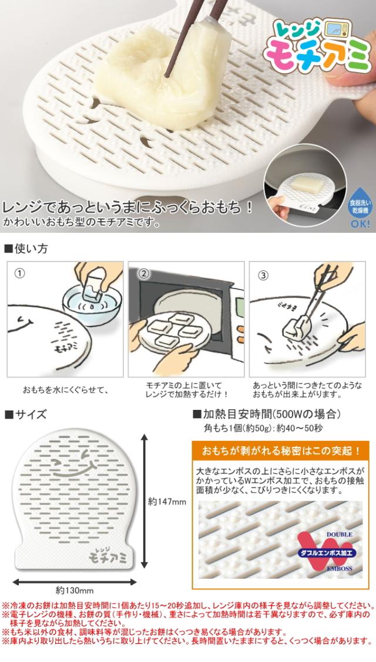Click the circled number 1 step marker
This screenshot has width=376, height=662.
(x=19, y=273)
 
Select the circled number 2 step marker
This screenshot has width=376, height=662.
(x=144, y=273)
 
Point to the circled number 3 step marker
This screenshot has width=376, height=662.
(x=263, y=275)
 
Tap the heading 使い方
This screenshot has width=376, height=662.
(x=26, y=249)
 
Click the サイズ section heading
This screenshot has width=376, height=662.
(x=25, y=414)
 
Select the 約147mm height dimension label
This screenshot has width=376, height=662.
(x=167, y=501)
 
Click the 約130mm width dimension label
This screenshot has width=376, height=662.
(x=75, y=590)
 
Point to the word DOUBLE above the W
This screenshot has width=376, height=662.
(x=339, y=535)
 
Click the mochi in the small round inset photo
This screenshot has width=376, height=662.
(x=307, y=185)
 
